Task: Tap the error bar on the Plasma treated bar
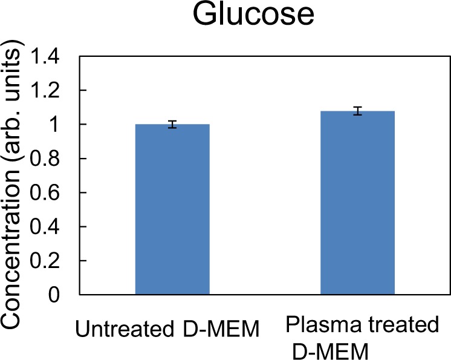(x=357, y=111)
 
